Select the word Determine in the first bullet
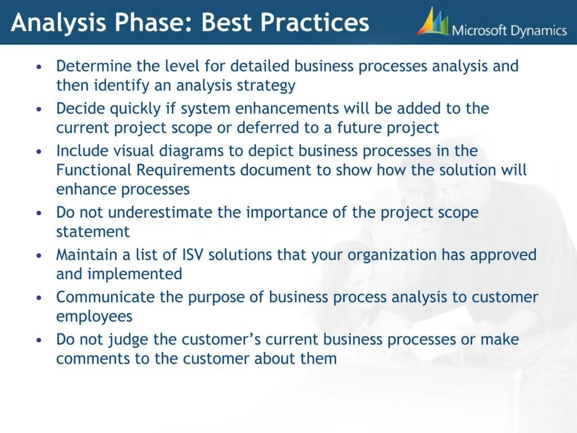coord(94,66)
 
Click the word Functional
coord(94,170)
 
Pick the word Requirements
coord(186,171)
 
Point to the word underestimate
coord(160,212)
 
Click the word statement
coord(93,232)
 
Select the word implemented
coord(135,274)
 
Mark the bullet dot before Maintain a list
coord(39,255)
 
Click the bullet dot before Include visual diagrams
coord(39,151)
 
